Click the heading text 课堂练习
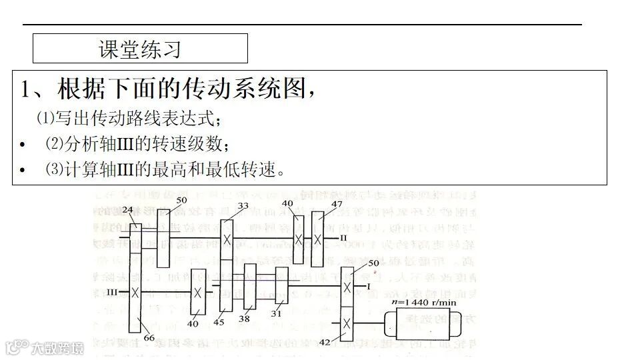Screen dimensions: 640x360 pos(140,49)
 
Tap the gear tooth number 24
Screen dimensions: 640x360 pos(128,209)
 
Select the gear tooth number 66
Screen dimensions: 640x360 pos(149,337)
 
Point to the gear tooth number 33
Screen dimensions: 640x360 pos(243,206)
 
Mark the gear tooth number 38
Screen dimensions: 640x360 pos(244,319)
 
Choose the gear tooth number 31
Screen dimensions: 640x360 pos(277,313)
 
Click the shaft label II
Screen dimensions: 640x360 pos(343,237)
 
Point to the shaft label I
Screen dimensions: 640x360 pos(368,286)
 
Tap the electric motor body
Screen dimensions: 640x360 pos(427,325)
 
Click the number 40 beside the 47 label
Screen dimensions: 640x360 pos(287,203)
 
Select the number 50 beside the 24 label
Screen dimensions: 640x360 pos(182,200)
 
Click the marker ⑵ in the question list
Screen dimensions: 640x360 pos(53,143)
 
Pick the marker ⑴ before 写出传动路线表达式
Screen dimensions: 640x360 pos(45,119)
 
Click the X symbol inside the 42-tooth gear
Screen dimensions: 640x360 pos(347,325)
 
